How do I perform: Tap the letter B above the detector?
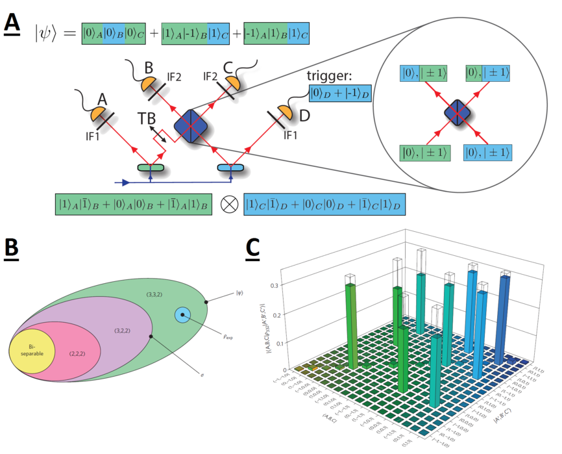(x=149, y=68)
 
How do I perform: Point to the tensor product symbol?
(x=228, y=204)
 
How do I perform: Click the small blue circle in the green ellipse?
(x=182, y=316)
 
